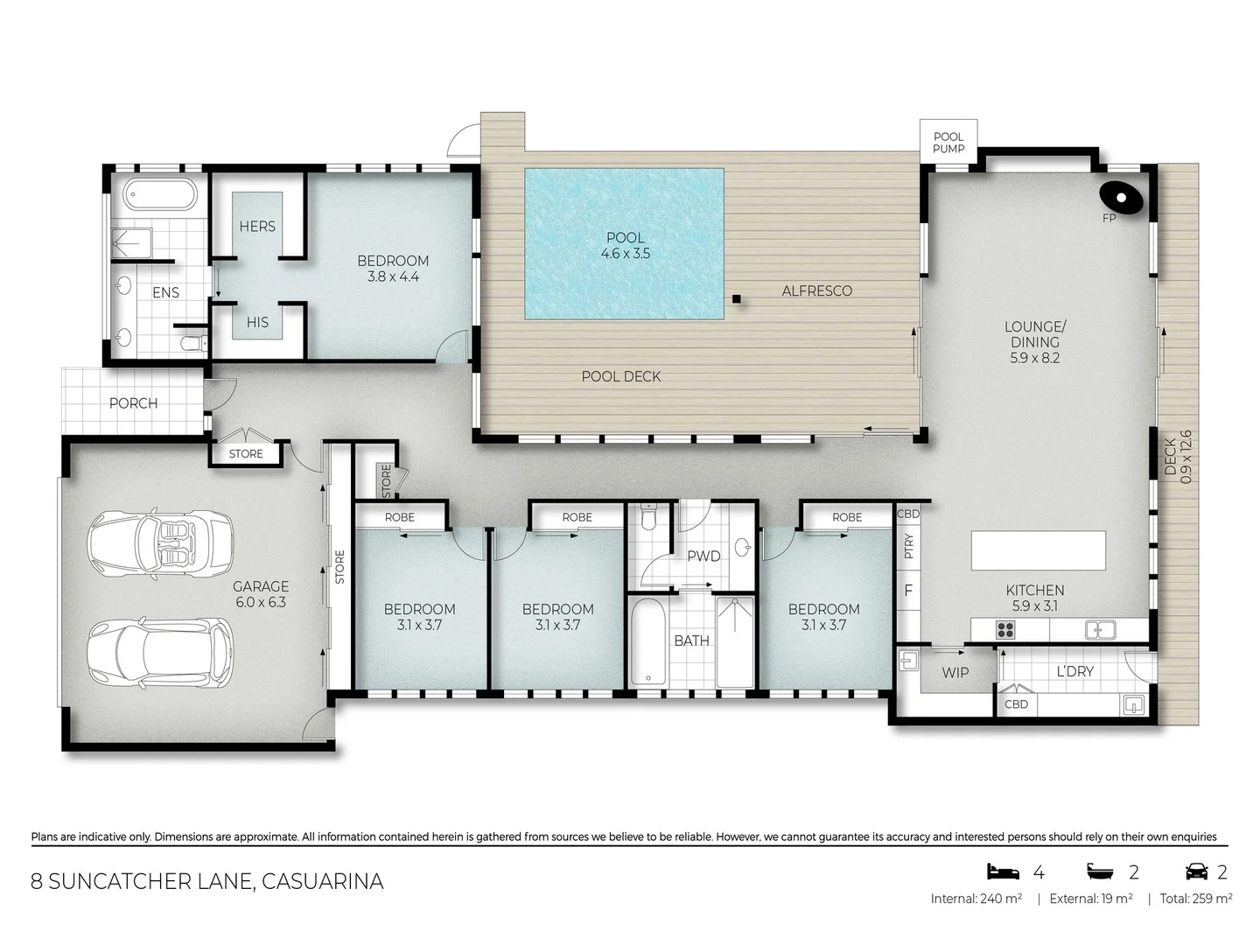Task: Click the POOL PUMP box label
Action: tap(948, 143)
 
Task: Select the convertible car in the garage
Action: tap(161, 539)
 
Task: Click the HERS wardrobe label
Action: tap(257, 227)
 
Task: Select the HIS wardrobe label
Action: tap(257, 323)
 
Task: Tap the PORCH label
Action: tap(133, 403)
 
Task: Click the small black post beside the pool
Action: tap(737, 299)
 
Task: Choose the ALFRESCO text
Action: tap(816, 291)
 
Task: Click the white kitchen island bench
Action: tap(1038, 550)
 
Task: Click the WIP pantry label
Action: tap(955, 673)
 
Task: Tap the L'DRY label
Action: tap(1074, 672)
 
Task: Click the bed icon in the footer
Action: tap(1003, 871)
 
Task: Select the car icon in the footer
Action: tap(1196, 871)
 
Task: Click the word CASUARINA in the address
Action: tap(323, 881)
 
